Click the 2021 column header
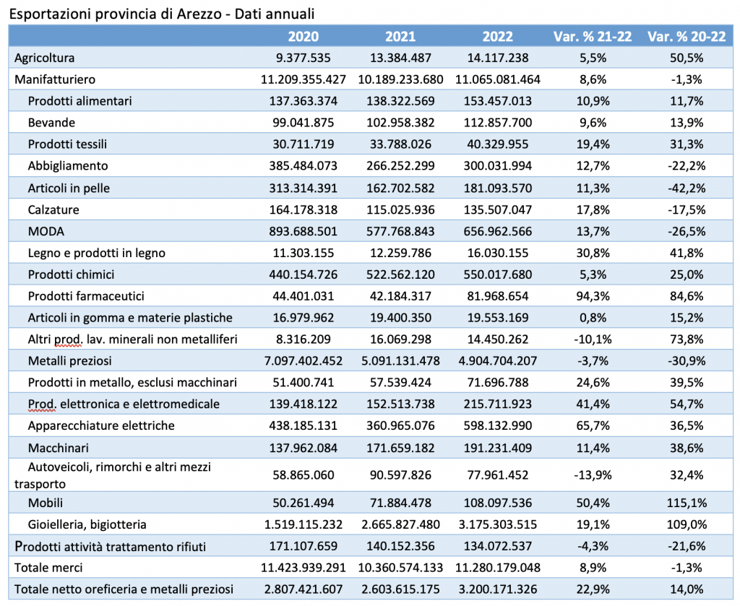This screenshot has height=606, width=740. [x=400, y=36]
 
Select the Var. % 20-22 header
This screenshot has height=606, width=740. [x=687, y=36]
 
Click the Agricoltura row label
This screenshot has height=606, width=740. [x=44, y=58]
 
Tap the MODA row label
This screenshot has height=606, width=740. [x=46, y=231]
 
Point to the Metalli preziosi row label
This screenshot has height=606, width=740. [x=70, y=360]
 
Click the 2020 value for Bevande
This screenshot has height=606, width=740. [x=303, y=123]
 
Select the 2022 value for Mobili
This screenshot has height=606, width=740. [x=497, y=503]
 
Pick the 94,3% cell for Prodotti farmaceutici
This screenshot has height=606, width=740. [x=593, y=296]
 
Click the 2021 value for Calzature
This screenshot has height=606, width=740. [x=400, y=209]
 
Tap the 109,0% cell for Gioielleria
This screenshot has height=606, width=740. [x=687, y=524]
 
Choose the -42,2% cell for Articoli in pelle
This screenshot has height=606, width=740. [x=687, y=189]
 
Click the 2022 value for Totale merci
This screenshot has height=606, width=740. [x=497, y=567]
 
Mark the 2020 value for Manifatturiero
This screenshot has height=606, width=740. [x=303, y=79]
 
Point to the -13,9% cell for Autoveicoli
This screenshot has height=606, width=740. [x=593, y=475]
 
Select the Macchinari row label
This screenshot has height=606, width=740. [x=58, y=448]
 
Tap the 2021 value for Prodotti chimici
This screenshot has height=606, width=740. [x=400, y=274]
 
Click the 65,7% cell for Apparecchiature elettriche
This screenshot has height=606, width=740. [x=593, y=426]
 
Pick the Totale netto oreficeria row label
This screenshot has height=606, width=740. [x=124, y=589]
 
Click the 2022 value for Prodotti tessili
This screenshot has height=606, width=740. [x=497, y=144]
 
